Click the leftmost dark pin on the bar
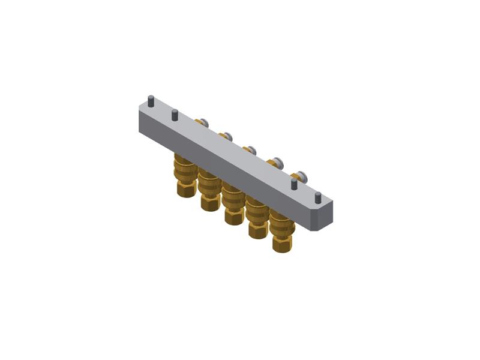pos(151,101)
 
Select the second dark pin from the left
pos(175,115)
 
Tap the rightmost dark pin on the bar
pos(318,197)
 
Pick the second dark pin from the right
pos(294,184)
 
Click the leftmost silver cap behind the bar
pos(204,123)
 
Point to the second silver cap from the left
pos(227,136)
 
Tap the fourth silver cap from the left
pos(278,163)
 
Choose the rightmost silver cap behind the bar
pos(301,176)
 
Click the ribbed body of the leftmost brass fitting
pos(185,170)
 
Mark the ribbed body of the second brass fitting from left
pos(209,184)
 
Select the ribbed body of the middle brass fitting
pos(233,197)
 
